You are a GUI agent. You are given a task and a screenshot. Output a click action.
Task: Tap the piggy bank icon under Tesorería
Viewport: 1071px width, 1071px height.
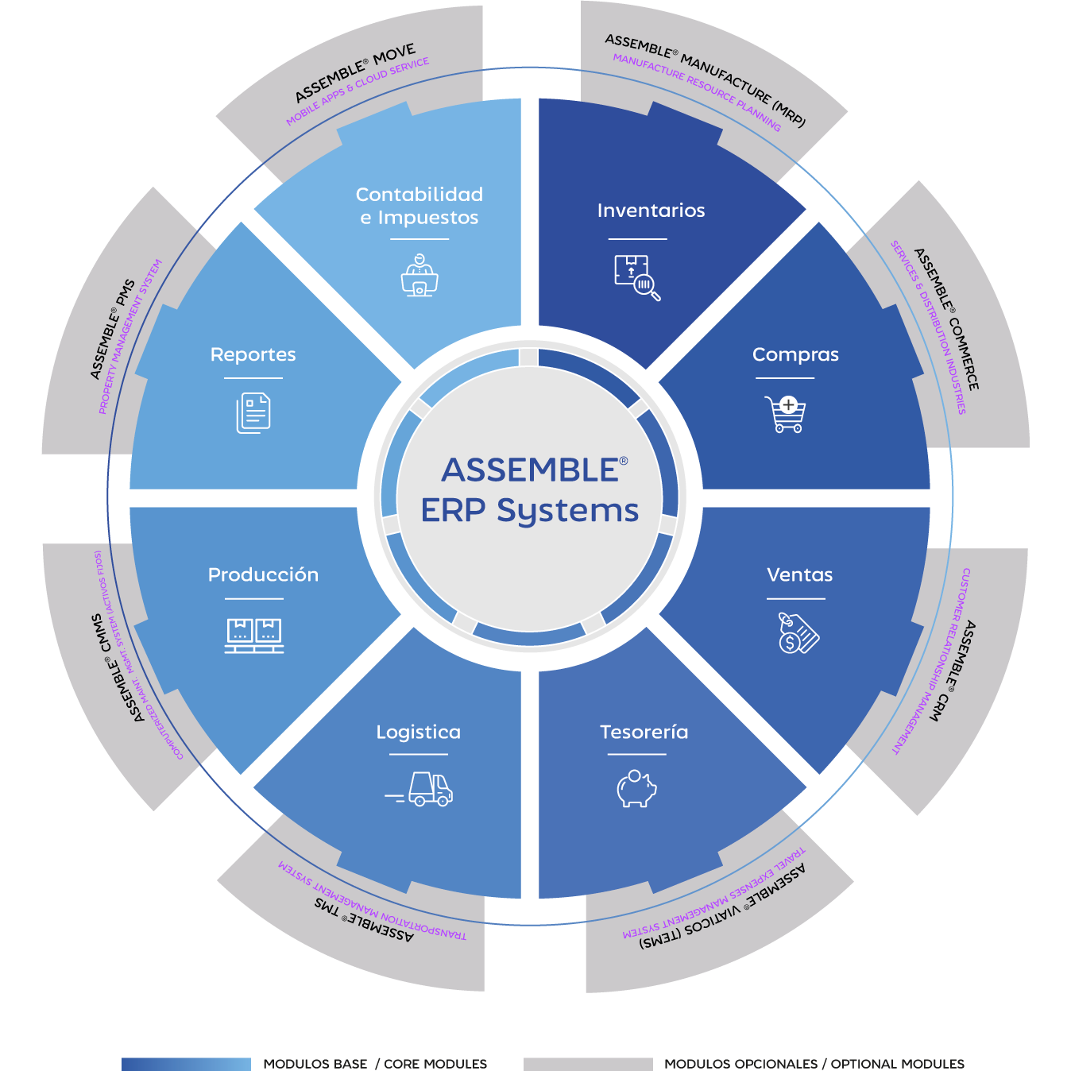pyautogui.click(x=636, y=788)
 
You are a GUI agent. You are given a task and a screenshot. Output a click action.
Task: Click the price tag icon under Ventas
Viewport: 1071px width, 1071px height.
pyautogui.click(x=798, y=633)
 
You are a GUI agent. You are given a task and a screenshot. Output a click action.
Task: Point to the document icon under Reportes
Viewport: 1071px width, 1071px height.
pyautogui.click(x=253, y=413)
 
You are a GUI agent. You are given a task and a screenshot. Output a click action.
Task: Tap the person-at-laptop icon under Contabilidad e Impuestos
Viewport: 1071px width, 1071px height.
pyautogui.click(x=420, y=275)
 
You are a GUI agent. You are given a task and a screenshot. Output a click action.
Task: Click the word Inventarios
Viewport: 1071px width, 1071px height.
pyautogui.click(x=651, y=211)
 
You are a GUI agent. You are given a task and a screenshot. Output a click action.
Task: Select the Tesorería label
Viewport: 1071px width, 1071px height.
pyautogui.click(x=644, y=732)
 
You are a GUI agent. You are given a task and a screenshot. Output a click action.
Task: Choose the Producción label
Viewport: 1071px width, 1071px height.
pyautogui.click(x=263, y=574)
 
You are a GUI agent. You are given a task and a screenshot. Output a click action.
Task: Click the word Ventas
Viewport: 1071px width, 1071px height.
pyautogui.click(x=799, y=574)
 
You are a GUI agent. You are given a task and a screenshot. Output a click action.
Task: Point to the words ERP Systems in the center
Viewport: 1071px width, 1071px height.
pyautogui.click(x=529, y=510)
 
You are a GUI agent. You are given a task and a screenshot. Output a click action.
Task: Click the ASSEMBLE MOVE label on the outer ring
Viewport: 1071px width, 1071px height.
pyautogui.click(x=355, y=74)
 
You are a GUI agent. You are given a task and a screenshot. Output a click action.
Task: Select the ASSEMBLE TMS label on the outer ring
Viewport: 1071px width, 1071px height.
pyautogui.click(x=364, y=918)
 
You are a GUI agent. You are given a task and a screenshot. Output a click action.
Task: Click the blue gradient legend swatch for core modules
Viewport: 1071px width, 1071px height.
pyautogui.click(x=186, y=1064)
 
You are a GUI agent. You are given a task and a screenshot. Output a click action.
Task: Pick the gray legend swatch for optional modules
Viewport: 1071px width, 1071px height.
pyautogui.click(x=588, y=1064)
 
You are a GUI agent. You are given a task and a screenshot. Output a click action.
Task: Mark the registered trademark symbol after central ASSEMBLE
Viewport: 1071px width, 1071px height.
pyautogui.click(x=624, y=460)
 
